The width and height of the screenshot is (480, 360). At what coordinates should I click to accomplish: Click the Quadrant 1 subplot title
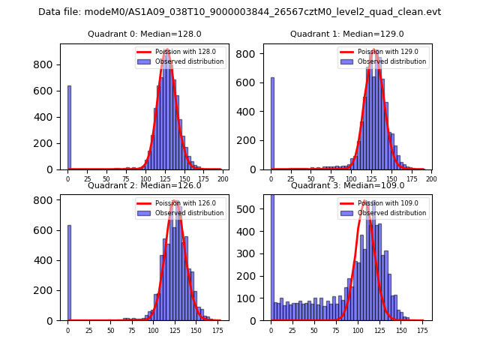(346, 34)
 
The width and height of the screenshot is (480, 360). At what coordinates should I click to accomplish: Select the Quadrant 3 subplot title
(346, 186)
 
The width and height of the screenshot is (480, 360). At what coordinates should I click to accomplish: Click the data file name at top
(239, 12)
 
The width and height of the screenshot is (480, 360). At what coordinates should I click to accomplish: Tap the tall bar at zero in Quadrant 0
(69, 127)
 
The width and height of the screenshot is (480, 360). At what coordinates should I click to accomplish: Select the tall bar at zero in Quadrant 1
(272, 124)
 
